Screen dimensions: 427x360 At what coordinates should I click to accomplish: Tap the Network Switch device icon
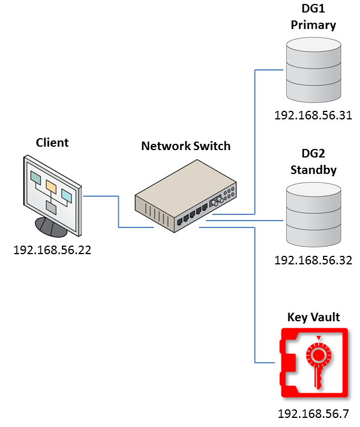point(185,197)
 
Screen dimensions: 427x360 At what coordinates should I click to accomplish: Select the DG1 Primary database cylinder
point(313,68)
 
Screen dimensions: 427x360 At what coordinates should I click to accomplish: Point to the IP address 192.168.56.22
point(52,249)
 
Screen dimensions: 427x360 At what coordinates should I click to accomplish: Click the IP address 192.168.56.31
point(313,116)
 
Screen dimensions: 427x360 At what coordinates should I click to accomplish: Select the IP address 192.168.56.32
point(313,260)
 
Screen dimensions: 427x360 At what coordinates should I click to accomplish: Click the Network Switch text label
point(185,146)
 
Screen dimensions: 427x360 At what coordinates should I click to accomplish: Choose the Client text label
point(52,143)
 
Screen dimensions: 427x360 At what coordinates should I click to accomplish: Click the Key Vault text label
point(313,317)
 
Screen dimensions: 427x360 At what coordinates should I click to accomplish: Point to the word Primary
point(313,25)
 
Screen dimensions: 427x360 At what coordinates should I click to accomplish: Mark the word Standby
point(313,170)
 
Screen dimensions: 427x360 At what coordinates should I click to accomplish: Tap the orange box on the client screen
point(51,186)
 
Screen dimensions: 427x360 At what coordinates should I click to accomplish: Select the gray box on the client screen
point(51,208)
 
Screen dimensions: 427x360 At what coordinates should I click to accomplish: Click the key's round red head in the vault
point(318,356)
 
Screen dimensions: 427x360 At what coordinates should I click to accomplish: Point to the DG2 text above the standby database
point(313,155)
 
